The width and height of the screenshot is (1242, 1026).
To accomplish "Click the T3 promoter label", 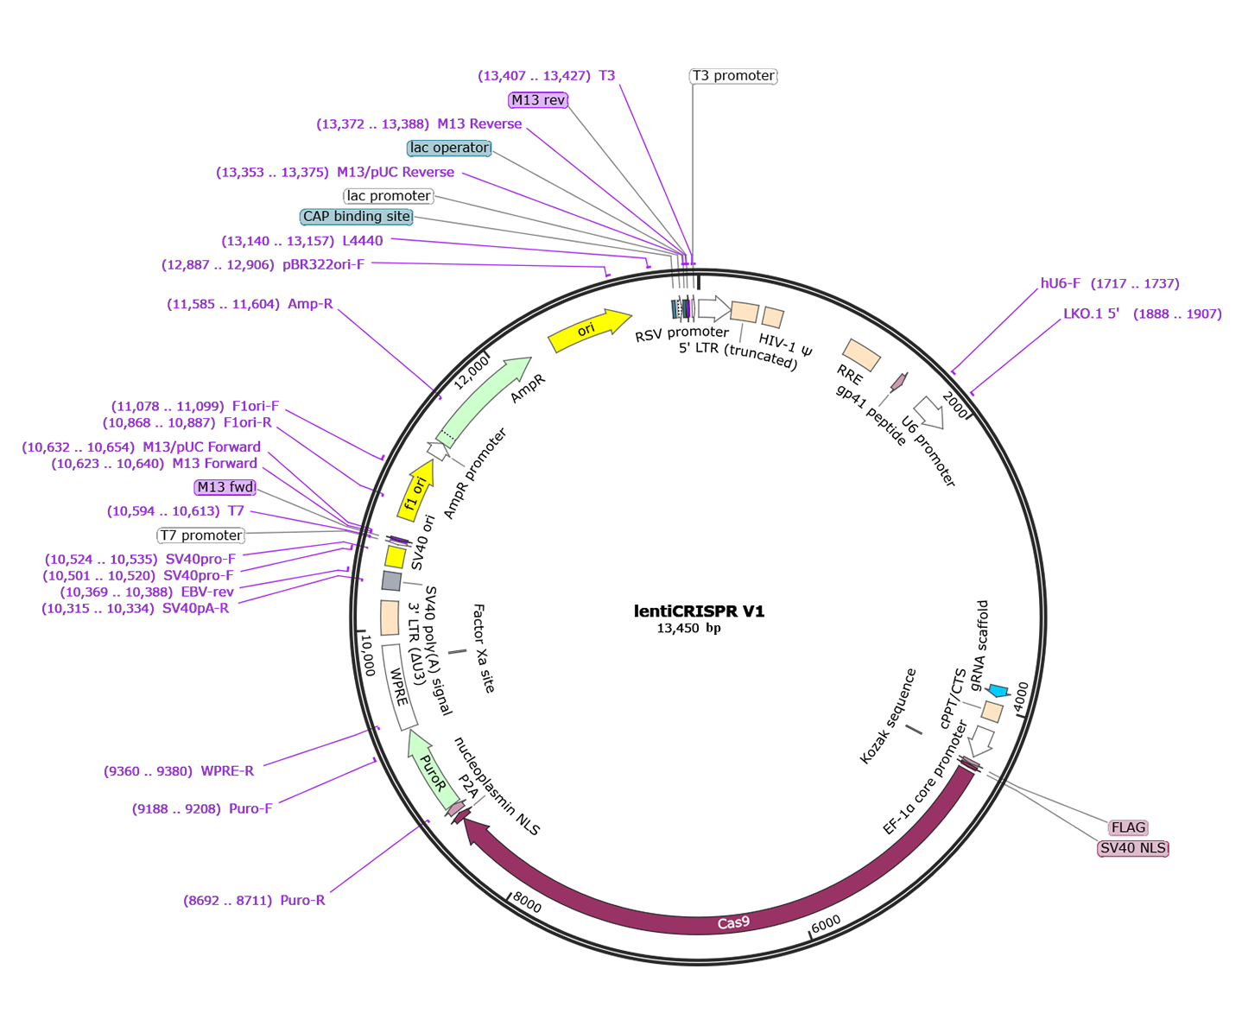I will coord(733,76).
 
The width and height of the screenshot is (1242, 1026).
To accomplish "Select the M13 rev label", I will coord(538,100).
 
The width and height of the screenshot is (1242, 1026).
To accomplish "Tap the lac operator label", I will coord(449,148).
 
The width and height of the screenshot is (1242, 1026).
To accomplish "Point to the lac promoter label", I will coord(389,196).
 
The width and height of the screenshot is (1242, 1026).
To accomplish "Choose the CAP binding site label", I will coord(356,217).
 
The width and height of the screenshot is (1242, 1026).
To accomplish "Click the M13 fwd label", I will coord(225,487).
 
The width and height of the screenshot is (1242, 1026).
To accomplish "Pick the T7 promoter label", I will coord(201,535).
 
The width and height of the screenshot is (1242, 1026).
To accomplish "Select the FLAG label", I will coord(1128,827).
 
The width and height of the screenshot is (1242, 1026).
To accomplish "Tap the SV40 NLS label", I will coord(1132,848).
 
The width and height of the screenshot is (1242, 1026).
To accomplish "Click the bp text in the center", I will coord(713,629).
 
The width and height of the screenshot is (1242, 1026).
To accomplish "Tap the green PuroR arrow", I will coord(432,772).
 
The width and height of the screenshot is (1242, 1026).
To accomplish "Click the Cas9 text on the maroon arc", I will coord(733,923).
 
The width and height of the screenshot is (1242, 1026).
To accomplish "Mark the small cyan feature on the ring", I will coord(998,691).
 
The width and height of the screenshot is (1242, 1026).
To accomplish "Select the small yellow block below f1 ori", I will coord(395,557).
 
